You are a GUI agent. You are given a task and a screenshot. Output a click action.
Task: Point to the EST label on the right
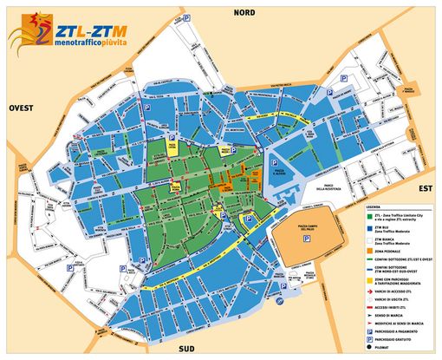tap(425, 186)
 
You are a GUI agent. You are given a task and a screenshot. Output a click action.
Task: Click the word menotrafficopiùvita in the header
tap(88, 42)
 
